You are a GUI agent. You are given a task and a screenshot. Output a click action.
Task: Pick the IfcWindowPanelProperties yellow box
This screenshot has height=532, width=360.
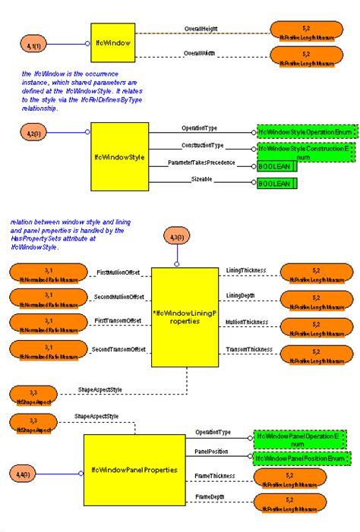point(134,471)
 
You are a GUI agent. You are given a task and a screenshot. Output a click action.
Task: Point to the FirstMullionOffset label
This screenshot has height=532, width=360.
point(119,272)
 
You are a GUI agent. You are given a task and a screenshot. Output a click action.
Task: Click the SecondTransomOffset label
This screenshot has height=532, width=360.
point(119,349)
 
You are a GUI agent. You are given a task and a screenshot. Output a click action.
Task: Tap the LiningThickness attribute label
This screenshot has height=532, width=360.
point(245,270)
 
